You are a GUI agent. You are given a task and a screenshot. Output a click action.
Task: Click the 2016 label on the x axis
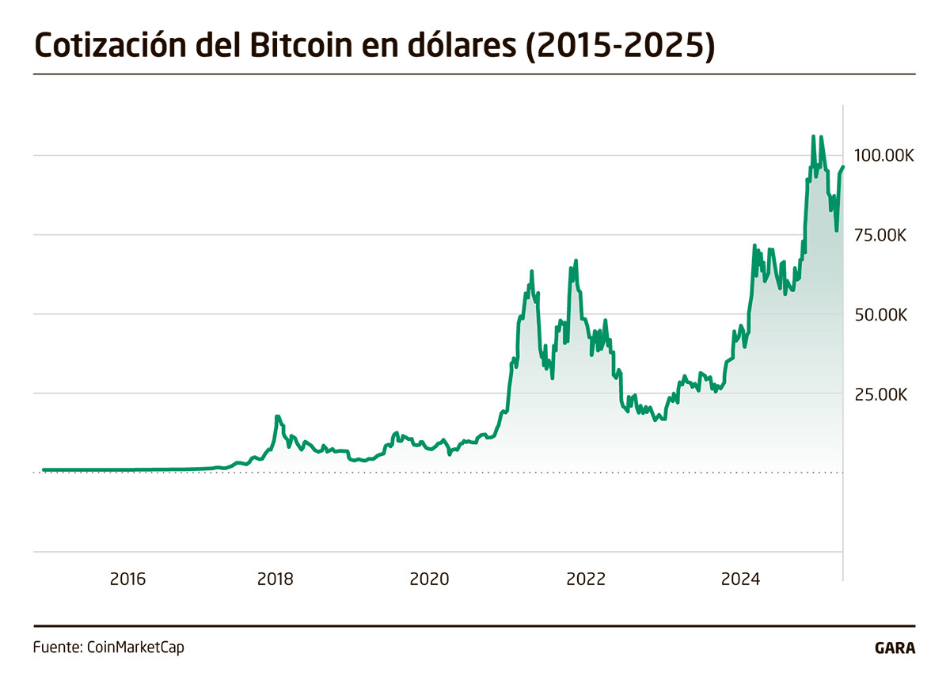tap(127, 579)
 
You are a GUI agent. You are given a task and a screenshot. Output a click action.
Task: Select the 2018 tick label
tap(275, 579)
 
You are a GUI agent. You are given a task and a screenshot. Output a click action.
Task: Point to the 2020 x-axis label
tap(429, 579)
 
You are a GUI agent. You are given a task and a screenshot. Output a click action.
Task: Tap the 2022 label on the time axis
tap(586, 579)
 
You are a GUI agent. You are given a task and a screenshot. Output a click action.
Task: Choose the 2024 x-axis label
tap(741, 579)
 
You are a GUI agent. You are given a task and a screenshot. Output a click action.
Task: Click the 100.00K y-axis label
tap(883, 155)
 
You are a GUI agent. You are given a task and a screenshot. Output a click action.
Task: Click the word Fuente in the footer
tap(55, 647)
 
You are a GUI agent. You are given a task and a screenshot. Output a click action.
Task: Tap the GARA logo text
tap(895, 648)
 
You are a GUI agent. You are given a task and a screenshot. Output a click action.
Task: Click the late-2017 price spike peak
tap(277, 416)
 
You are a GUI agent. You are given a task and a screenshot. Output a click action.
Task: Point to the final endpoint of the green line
tap(843, 167)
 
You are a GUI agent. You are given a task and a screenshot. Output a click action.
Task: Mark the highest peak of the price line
tap(813, 136)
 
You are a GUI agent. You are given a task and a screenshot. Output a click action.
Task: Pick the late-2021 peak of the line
tap(576, 260)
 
